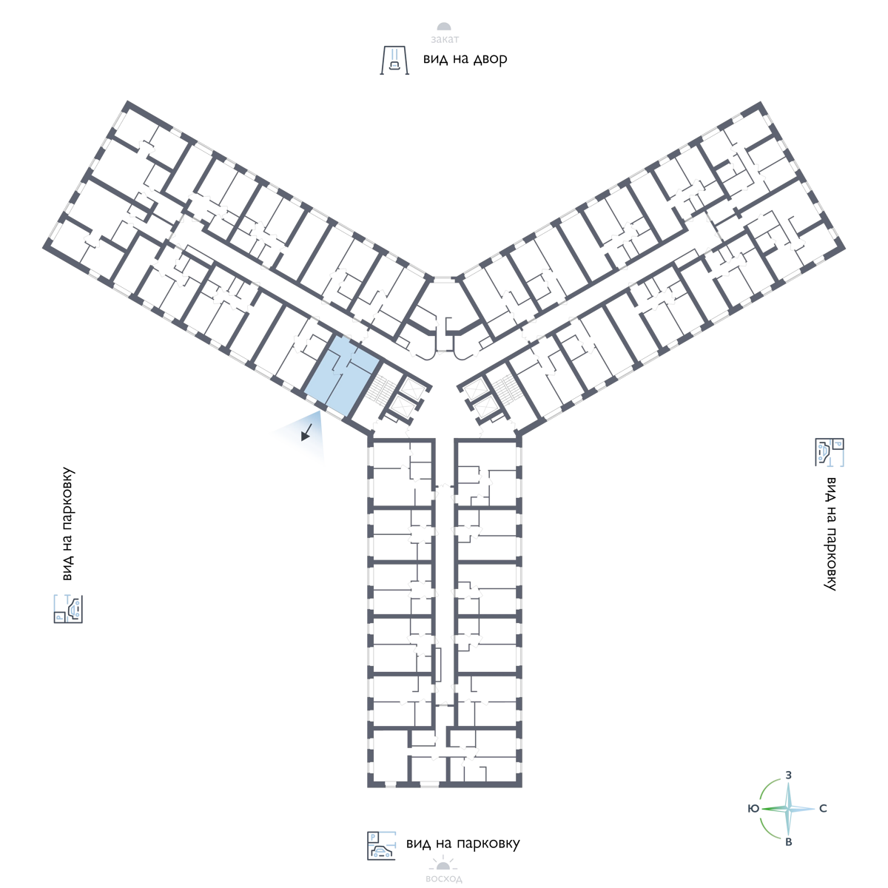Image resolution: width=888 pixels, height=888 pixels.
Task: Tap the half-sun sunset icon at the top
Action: tap(444, 27)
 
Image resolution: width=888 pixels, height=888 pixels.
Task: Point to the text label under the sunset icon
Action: tap(444, 40)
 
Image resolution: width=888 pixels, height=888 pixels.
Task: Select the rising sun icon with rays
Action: tap(444, 863)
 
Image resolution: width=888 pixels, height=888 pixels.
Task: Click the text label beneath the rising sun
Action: tap(444, 879)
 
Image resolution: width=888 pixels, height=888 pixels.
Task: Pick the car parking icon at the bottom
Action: tap(382, 845)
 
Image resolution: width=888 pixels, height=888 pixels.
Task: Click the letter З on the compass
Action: tap(789, 775)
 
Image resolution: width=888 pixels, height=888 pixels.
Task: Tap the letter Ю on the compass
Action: tap(753, 809)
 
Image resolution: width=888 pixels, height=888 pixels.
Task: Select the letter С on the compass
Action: tap(823, 809)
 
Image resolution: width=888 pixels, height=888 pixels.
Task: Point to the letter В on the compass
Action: tap(789, 842)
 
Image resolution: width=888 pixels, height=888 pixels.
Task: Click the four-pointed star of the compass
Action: tap(789, 809)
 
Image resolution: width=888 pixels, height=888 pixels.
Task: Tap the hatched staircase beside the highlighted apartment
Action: tap(381, 390)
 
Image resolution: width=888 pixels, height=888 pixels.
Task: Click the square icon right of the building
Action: tap(830, 452)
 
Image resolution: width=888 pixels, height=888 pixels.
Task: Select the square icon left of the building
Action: tap(68, 608)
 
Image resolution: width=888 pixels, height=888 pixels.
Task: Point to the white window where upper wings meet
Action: tap(444, 279)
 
